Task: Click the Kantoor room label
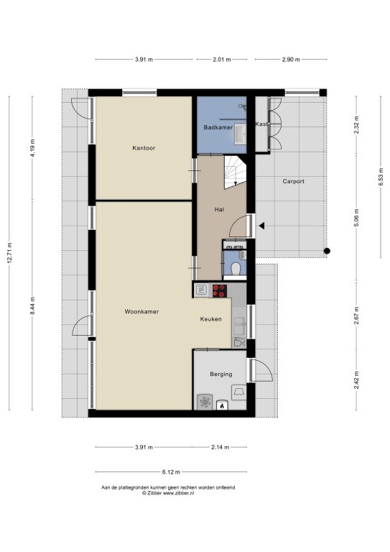[x=144, y=148]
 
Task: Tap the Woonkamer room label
[x=141, y=311]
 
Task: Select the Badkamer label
[x=218, y=127]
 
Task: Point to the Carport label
[x=293, y=181]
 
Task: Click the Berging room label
[x=220, y=374]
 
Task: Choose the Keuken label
[x=210, y=319]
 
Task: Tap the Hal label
[x=219, y=209]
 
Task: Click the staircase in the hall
[x=236, y=172]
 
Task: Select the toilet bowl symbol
[x=236, y=270]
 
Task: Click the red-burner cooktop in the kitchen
[x=220, y=291]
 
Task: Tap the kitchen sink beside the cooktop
[x=201, y=290]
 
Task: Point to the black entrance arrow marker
[x=261, y=226]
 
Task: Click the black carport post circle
[x=327, y=251]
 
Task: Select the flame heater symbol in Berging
[x=222, y=405]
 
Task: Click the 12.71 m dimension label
[x=9, y=253]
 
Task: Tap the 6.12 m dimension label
[x=171, y=472]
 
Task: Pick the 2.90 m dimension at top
[x=291, y=60]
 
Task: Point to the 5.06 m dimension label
[x=356, y=218]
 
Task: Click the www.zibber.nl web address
[x=178, y=493]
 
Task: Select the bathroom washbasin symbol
[x=240, y=134]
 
